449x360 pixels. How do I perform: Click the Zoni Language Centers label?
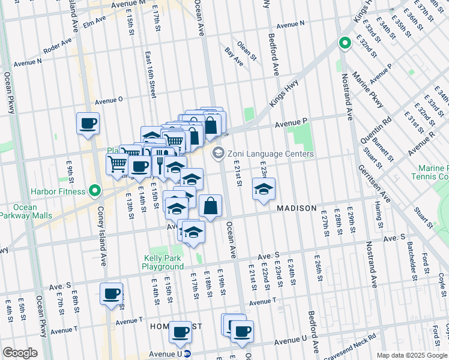pos(270,154)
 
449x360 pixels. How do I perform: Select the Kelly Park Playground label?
pos(163,262)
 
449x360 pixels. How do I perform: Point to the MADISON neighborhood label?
pos(297,208)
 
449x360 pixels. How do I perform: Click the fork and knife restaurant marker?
pos(161,161)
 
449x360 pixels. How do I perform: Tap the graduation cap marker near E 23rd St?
pos(264,190)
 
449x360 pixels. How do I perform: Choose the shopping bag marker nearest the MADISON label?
pos(211,207)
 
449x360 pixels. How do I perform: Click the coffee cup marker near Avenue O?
pos(88,124)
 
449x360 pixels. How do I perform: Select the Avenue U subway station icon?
pos(187,354)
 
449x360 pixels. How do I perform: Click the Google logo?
pos(20,353)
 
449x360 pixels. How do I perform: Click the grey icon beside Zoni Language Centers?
pos(217,154)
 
